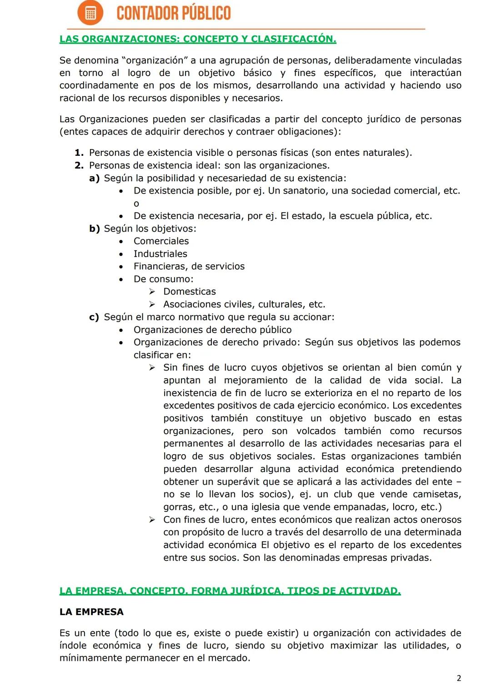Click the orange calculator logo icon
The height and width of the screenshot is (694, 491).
tap(90, 13)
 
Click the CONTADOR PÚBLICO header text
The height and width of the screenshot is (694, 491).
tap(173, 13)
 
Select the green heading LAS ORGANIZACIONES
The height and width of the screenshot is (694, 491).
tap(198, 39)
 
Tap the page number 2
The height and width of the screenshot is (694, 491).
tap(459, 678)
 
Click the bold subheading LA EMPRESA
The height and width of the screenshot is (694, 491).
tap(91, 612)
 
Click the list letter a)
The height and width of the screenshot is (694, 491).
tap(95, 178)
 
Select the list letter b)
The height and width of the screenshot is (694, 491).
tap(95, 228)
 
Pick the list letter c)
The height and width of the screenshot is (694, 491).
tap(94, 317)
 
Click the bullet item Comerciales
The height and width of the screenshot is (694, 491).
tap(161, 241)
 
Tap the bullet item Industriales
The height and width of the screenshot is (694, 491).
tap(160, 254)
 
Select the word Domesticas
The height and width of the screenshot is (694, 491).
tap(190, 292)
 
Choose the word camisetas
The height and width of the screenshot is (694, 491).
tap(436, 494)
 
